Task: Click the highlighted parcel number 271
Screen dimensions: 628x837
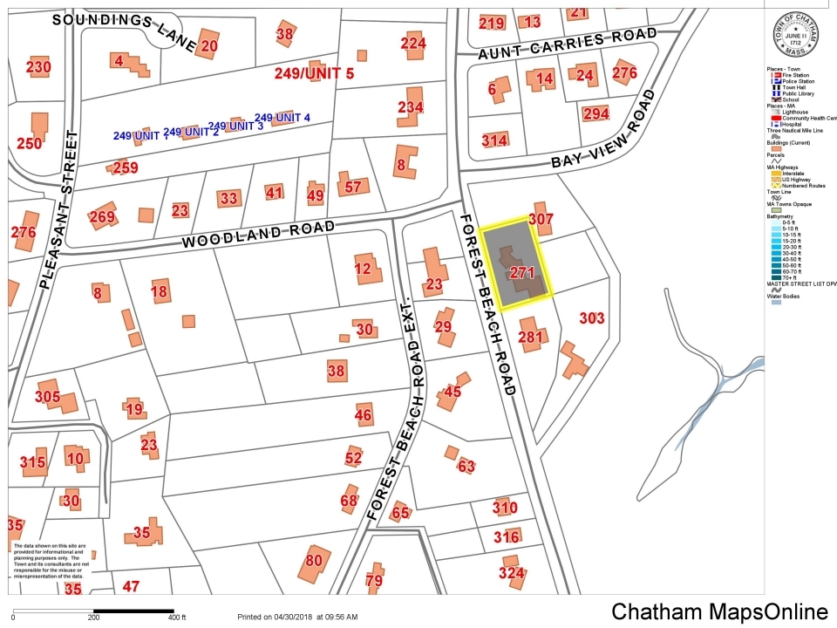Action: pyautogui.click(x=521, y=273)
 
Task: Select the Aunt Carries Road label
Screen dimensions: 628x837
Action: pyautogui.click(x=568, y=44)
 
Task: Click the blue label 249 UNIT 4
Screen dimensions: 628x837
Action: pyautogui.click(x=282, y=118)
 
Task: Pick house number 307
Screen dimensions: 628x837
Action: pyautogui.click(x=541, y=220)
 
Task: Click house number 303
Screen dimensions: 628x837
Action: pyautogui.click(x=591, y=318)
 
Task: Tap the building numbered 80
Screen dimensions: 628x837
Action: pyautogui.click(x=314, y=561)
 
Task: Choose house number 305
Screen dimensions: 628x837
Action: pyautogui.click(x=48, y=397)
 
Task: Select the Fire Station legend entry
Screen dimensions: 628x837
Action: pyautogui.click(x=792, y=74)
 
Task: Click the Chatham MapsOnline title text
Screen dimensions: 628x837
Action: pyautogui.click(x=718, y=611)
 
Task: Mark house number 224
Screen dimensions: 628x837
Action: pyautogui.click(x=413, y=44)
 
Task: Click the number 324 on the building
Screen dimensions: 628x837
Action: pyautogui.click(x=512, y=573)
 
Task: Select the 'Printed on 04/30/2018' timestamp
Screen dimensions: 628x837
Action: pyautogui.click(x=296, y=617)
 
